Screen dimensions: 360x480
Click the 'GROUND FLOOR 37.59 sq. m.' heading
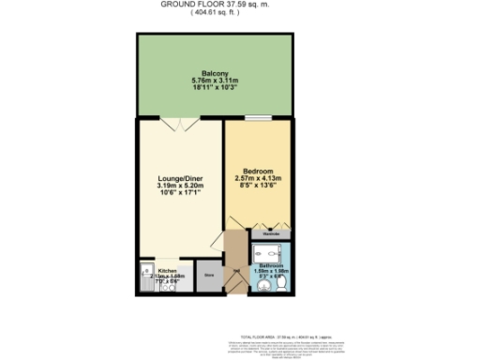click(x=215, y=4)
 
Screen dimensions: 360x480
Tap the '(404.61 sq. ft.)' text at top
click(x=215, y=12)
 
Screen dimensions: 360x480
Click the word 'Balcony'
click(x=216, y=73)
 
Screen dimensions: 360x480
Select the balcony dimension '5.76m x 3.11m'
click(x=216, y=81)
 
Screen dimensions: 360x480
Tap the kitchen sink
click(x=146, y=276)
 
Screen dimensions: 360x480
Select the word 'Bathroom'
click(x=269, y=265)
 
